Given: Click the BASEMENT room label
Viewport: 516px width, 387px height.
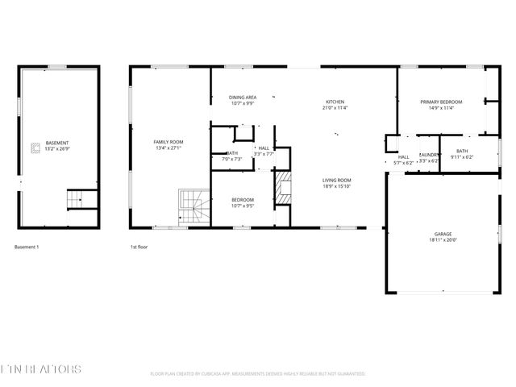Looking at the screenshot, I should (57, 143).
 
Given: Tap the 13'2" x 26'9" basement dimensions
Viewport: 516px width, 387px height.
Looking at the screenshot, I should (57, 148).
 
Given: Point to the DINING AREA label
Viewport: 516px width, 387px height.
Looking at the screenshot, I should (243, 97).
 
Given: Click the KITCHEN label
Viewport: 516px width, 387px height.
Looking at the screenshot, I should (335, 102).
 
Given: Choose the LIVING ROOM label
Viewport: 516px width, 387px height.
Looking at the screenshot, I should (336, 180).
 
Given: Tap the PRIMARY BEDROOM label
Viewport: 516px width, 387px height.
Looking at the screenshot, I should (440, 102).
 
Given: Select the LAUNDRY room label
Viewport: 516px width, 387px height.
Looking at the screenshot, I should (429, 155).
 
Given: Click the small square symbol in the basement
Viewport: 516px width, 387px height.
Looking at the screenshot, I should (35, 147).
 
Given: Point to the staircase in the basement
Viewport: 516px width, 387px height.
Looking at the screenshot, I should (75, 198).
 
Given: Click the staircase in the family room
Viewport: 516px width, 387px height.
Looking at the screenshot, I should (193, 207).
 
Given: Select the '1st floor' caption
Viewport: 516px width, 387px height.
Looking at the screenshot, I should (139, 247).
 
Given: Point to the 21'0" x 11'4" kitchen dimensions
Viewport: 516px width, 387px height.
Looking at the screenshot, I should (335, 108).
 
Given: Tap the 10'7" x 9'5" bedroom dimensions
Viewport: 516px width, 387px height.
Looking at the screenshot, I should (243, 206).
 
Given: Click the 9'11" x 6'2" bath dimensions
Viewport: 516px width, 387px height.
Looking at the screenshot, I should (462, 156).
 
